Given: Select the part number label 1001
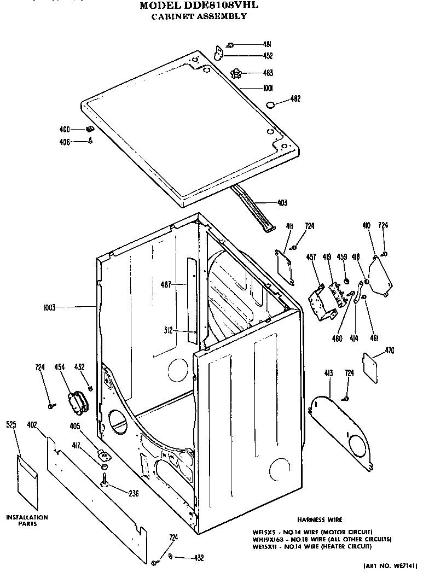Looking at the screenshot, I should click(268, 87).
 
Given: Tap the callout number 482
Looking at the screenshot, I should click(295, 99).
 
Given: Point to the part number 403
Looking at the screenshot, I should click(282, 203).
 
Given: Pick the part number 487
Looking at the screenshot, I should click(166, 284).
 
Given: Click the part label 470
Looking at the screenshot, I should click(390, 351).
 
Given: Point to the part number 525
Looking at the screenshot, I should click(11, 424).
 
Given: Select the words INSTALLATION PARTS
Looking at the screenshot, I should click(27, 520).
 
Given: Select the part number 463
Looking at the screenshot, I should click(268, 73).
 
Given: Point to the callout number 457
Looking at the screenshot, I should click(311, 256).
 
